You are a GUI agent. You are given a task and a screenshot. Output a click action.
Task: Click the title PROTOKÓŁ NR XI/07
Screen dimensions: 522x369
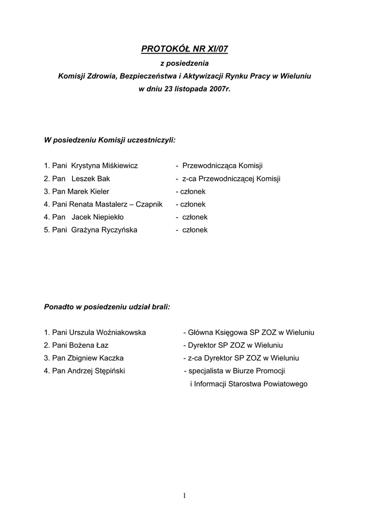pyautogui.click(x=184, y=49)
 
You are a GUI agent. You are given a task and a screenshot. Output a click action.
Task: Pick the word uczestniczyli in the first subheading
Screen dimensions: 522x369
pyautogui.click(x=151, y=139)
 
